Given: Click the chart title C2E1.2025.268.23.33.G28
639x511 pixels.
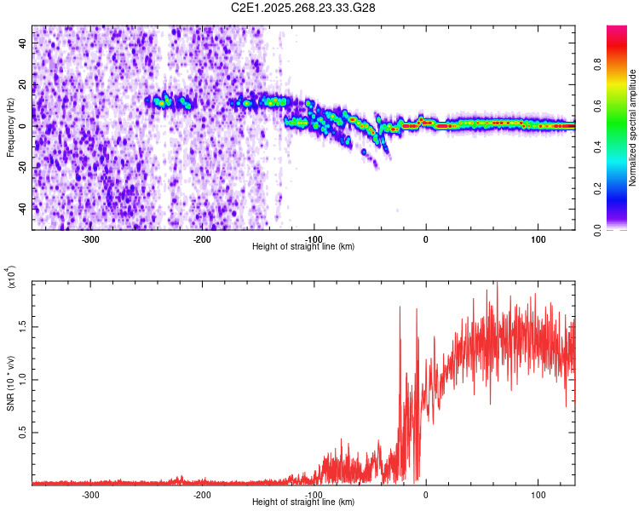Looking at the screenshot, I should (x=304, y=8).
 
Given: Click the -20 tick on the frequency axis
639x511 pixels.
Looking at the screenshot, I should (x=22, y=167).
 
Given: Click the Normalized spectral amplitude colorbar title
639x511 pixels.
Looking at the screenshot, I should (x=633, y=128).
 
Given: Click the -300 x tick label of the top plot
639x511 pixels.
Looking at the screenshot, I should (x=90, y=239).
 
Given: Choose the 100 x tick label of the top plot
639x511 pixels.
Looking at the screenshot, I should (x=538, y=239).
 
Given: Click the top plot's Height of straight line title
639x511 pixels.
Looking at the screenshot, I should (x=304, y=247).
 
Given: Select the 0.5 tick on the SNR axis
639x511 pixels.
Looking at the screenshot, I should (x=22, y=433).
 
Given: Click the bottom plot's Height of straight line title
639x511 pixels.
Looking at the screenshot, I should (x=304, y=502).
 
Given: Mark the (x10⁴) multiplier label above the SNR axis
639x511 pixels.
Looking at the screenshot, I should (x=11, y=278).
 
